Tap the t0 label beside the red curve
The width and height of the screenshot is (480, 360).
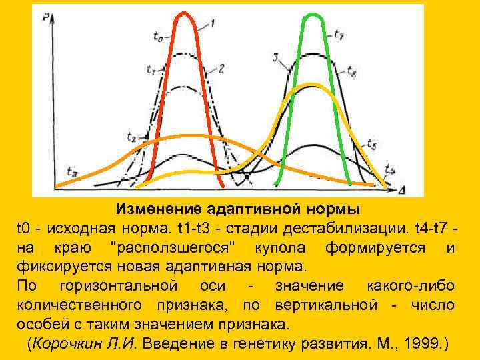pyautogui.click(x=157, y=39)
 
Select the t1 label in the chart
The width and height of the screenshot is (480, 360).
pyautogui.click(x=151, y=69)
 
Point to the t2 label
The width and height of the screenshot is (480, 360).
pyautogui.click(x=131, y=137)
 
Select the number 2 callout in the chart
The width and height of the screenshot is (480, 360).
pyautogui.click(x=220, y=67)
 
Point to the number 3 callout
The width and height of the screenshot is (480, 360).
pyautogui.click(x=275, y=59)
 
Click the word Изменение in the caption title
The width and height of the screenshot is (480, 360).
pyautogui.click(x=160, y=209)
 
